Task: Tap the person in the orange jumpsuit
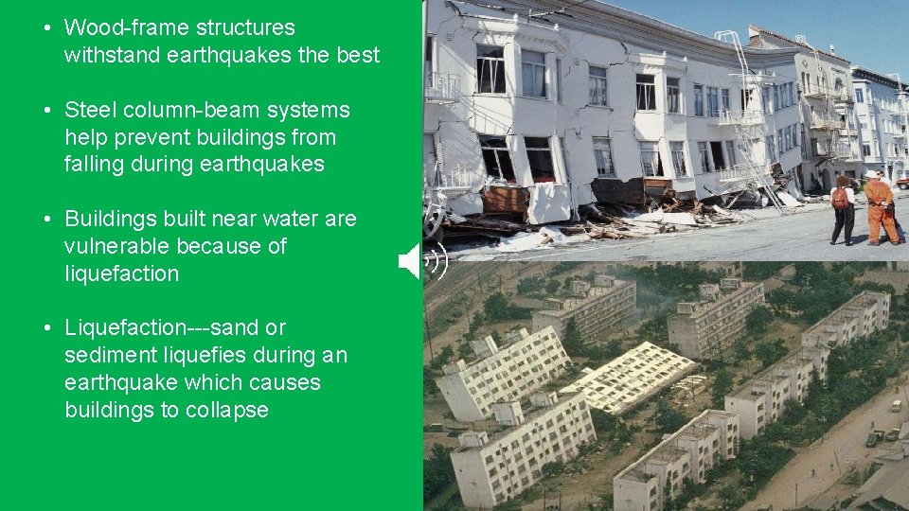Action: coord(881,208)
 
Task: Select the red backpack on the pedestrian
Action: coord(840,198)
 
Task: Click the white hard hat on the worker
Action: coord(871,175)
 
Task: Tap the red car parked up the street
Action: coord(901,182)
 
